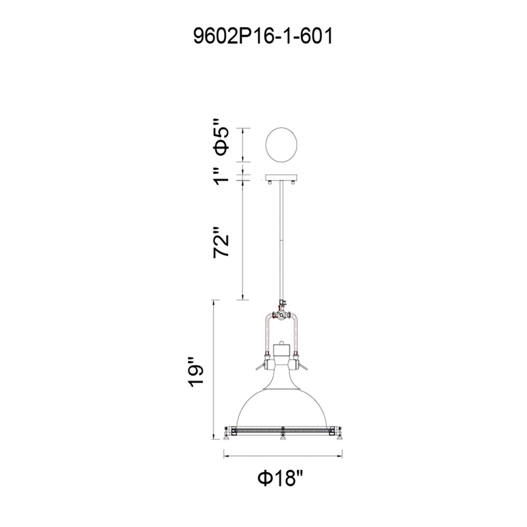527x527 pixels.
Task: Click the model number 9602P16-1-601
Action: [263, 36]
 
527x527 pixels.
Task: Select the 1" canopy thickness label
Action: [222, 176]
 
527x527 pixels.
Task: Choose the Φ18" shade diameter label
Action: [281, 478]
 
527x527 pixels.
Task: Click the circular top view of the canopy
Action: [281, 145]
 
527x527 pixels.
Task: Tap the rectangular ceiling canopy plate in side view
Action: [281, 177]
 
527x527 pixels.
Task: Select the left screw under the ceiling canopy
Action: [269, 182]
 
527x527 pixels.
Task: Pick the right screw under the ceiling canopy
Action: [293, 182]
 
